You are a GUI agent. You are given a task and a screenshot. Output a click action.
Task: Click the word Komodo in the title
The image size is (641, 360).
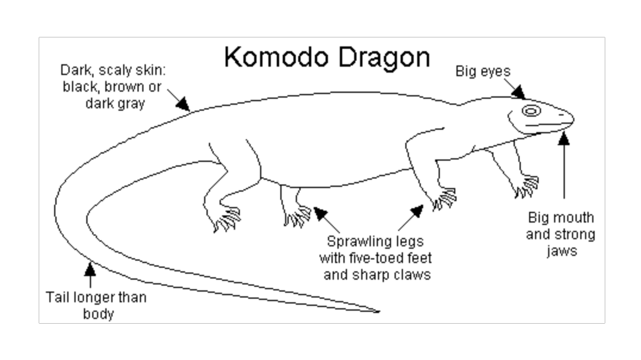[x=274, y=58]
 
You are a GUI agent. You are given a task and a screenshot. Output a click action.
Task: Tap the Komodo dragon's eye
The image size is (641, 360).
[x=531, y=111]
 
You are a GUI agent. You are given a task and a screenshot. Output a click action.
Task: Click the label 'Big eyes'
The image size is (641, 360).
[x=483, y=71]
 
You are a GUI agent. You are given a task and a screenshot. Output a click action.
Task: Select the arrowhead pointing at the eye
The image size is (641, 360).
[x=520, y=92]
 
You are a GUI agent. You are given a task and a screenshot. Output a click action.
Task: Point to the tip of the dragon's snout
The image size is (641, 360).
[x=573, y=118]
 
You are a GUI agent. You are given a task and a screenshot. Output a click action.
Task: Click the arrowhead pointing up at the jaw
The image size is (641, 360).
[x=564, y=139]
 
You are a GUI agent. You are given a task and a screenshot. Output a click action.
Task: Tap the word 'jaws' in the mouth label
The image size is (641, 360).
[x=561, y=251]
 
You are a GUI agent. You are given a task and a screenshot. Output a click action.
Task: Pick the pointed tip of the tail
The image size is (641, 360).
[x=379, y=311]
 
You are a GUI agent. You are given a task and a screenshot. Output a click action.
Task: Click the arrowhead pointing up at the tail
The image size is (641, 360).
[x=90, y=269]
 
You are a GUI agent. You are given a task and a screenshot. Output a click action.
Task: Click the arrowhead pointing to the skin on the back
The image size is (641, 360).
[x=183, y=105]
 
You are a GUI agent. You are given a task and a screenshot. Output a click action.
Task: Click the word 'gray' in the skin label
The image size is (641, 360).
[x=130, y=102]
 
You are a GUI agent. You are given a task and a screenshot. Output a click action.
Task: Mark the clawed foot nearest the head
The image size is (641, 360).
[x=527, y=186]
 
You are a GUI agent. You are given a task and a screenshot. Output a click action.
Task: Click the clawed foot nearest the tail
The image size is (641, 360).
[x=227, y=220]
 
